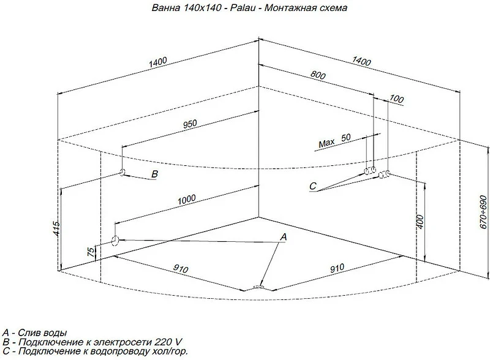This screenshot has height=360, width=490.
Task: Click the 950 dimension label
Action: (190, 124)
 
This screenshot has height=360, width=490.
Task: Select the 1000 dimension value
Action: (187, 200)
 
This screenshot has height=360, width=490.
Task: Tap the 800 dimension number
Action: (318, 74)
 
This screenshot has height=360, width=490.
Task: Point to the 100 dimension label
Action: (396, 99)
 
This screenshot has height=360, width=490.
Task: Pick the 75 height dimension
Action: (90, 252)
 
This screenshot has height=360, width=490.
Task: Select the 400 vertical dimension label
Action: (420, 222)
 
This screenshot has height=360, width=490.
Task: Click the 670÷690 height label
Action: (483, 212)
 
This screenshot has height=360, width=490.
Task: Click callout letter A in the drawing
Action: (284, 237)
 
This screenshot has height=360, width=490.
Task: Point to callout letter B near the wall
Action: (155, 174)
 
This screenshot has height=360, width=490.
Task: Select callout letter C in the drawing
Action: (313, 186)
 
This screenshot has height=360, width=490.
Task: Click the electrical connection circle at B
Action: (122, 171)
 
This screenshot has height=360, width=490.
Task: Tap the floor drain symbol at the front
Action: (258, 287)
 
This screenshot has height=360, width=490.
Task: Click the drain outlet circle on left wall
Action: (115, 241)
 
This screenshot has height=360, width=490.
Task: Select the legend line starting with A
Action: (34, 332)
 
